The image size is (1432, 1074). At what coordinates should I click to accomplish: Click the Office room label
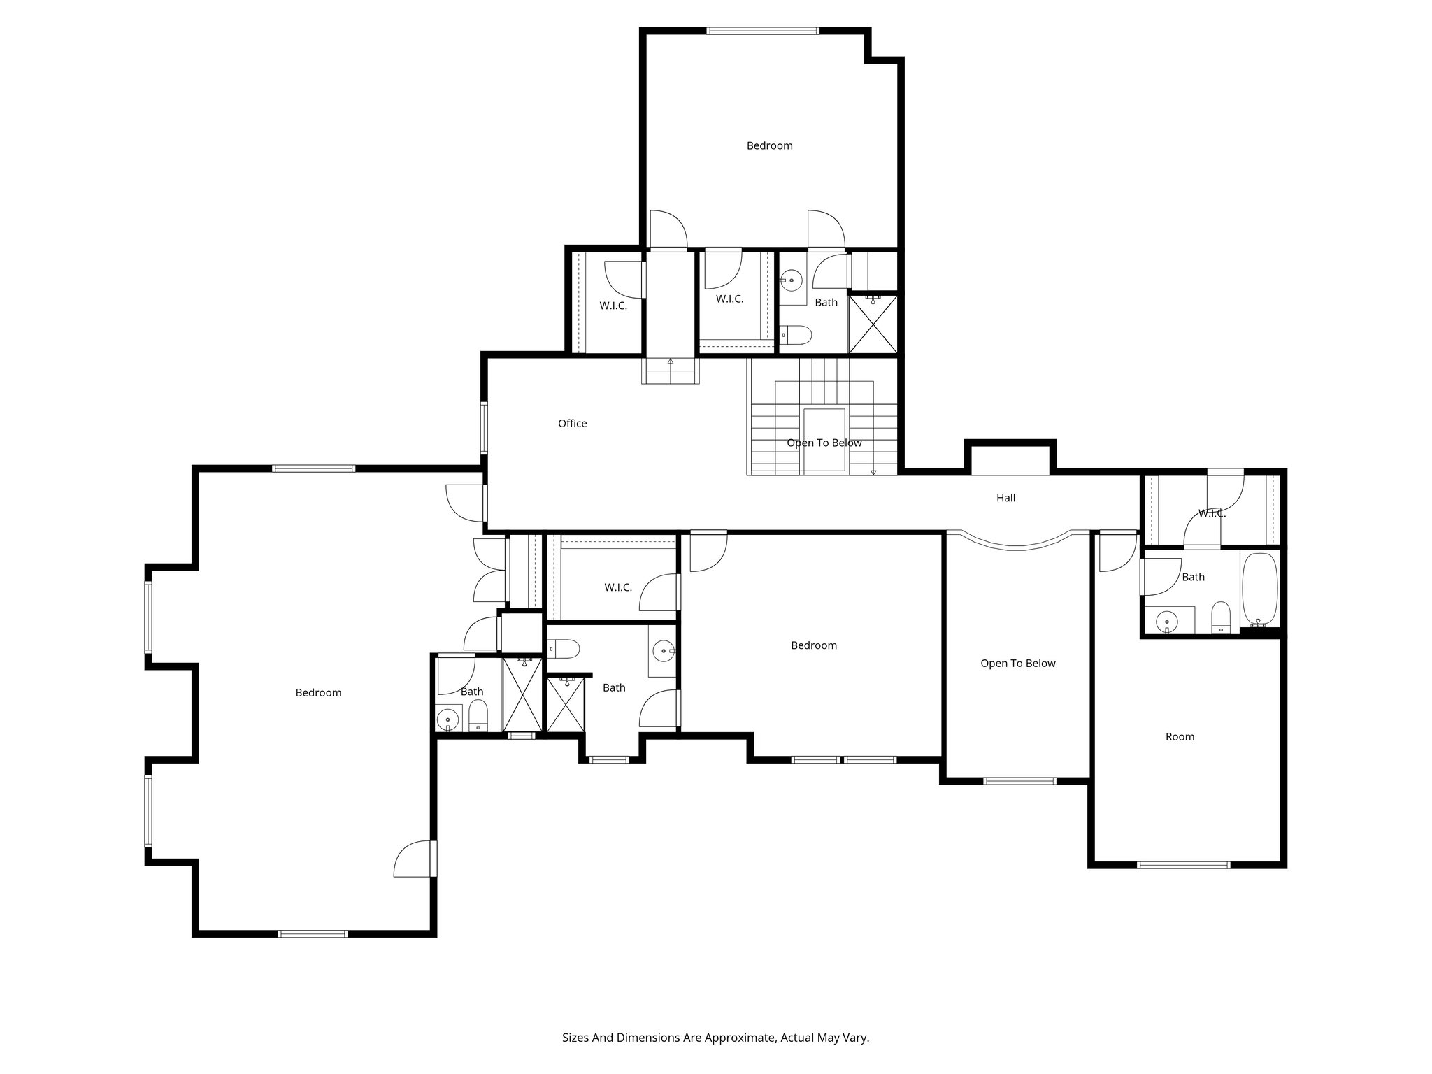click(572, 423)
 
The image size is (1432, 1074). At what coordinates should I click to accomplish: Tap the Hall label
click(1005, 498)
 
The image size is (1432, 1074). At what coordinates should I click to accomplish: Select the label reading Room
click(1180, 736)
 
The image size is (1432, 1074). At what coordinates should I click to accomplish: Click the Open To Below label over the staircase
click(824, 443)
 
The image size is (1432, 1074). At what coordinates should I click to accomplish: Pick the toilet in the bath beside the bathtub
click(1221, 617)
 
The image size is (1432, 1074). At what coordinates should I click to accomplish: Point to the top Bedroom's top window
click(762, 31)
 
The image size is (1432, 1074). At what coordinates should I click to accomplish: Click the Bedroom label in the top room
click(769, 145)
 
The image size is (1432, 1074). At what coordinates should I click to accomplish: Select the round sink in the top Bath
click(791, 281)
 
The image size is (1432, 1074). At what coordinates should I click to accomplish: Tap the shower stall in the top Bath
click(873, 325)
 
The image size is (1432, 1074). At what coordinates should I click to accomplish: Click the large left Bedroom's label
click(318, 692)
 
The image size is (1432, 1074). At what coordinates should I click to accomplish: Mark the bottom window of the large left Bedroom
click(313, 933)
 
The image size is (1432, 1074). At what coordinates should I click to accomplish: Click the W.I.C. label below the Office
click(618, 587)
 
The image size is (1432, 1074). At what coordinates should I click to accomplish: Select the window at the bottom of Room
click(1183, 865)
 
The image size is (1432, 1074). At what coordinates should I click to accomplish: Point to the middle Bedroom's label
click(813, 645)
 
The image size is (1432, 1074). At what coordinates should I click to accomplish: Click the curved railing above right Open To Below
click(1017, 544)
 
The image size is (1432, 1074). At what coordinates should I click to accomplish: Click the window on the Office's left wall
click(483, 427)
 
